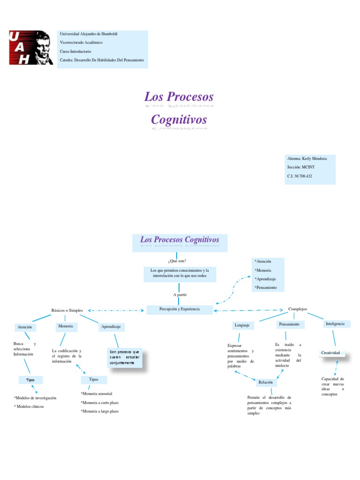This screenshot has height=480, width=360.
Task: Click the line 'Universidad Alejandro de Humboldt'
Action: pos(89,34)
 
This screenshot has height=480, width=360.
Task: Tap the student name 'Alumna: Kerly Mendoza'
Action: pos(307,159)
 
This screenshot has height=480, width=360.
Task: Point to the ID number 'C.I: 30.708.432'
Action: pos(300,176)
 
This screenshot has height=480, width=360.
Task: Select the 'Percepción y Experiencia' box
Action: pos(180,310)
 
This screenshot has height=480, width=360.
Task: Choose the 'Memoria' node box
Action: pos(66,326)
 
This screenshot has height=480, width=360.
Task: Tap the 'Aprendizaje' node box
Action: pos(111,327)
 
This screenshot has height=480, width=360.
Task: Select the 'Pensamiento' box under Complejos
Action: pos(289,324)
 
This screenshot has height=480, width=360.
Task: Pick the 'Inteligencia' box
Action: pos(335,324)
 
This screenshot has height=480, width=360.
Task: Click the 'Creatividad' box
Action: pos(330,352)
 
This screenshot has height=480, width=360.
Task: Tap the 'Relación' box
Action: pos(265,382)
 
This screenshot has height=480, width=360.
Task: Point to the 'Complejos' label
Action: pos(297,309)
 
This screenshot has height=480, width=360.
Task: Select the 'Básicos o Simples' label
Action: pos(67,310)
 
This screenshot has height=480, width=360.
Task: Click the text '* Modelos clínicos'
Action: pos(29,406)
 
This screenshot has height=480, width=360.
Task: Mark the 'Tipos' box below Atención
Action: pos(30,380)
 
